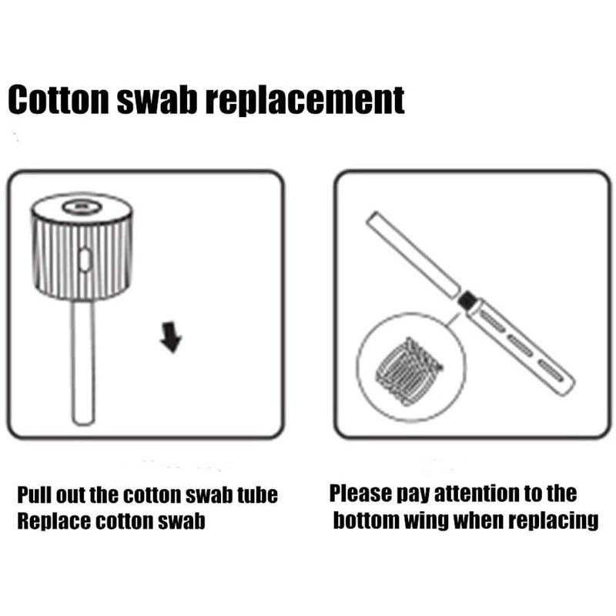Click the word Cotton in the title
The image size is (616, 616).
pos(59,100)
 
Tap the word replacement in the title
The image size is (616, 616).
pos(305,102)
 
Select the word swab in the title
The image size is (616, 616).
pos(157,100)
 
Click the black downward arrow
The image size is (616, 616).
pos(171,336)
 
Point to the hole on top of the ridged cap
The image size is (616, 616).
pos(82,206)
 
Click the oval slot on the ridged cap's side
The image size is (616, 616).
pos(85,259)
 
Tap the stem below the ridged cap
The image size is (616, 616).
pos(83,362)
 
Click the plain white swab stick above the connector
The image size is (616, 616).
pos(413,255)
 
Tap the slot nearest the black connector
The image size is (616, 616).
pos(493,320)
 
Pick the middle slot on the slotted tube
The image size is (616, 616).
pos(521,345)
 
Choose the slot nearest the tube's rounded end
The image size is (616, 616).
pos(550,370)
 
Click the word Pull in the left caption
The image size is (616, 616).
pos(35,494)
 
